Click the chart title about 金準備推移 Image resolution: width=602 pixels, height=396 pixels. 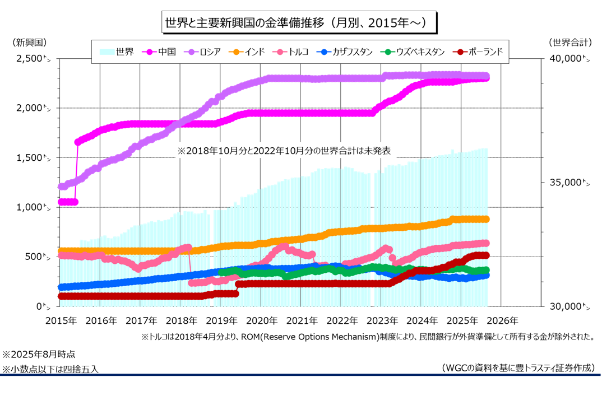click(298, 23)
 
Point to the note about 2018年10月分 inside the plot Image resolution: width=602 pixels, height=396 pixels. click(284, 151)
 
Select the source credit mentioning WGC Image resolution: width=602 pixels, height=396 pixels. click(518, 367)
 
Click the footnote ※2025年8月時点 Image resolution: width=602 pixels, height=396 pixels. click(39, 355)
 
